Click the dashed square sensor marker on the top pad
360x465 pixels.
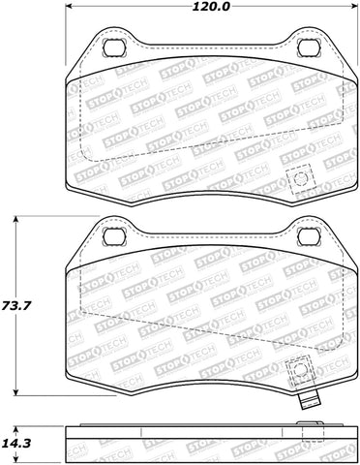click(299, 179)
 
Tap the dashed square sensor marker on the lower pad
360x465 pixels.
click(299, 369)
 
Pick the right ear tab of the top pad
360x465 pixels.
click(324, 48)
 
